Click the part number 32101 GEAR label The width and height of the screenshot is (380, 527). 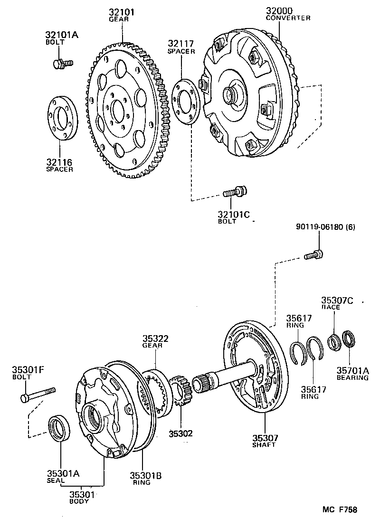122,15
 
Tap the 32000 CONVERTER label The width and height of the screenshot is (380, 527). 288,14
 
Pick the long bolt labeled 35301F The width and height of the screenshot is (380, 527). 38,394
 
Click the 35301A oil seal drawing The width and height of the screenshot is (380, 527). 60,427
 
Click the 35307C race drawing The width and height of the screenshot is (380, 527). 334,341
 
